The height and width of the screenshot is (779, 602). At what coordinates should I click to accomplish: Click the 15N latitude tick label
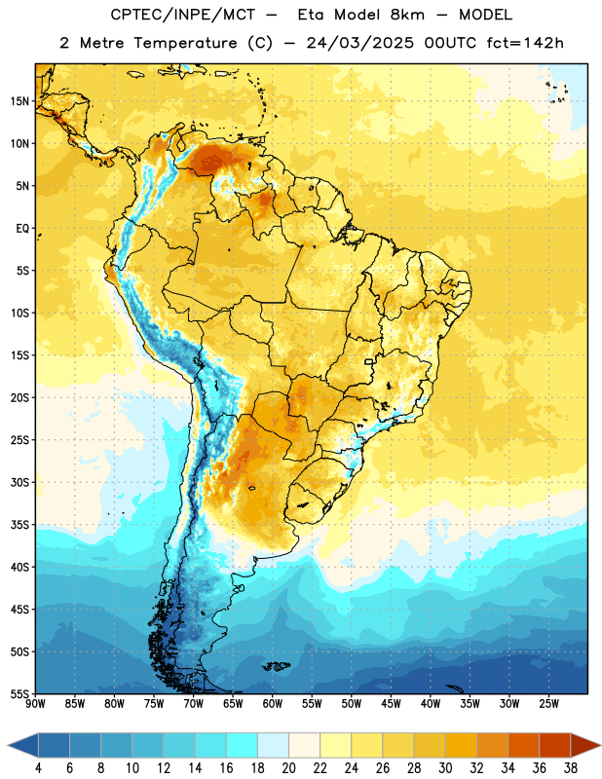pos(19,101)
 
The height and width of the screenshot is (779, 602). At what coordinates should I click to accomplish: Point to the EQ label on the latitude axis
pos(22,229)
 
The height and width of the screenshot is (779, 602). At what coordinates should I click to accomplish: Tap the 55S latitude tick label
pos(19,693)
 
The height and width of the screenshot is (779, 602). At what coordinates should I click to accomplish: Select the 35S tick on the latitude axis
pos(19,525)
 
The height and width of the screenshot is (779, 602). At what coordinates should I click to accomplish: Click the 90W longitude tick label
pos(35,703)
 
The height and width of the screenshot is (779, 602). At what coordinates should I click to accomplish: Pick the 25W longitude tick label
pos(548,703)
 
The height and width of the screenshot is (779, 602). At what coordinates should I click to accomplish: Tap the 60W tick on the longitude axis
pos(273,703)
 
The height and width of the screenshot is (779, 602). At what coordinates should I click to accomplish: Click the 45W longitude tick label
pos(391,703)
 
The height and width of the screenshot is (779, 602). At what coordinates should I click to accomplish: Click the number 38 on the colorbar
pos(571,768)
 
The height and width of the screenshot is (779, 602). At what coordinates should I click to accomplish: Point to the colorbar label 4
pos(38,768)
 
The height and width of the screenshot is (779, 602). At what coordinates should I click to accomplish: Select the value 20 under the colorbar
pos(288,768)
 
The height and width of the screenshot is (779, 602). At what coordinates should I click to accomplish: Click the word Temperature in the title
pos(185,43)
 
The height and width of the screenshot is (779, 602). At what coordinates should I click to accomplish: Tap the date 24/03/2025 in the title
pos(359,43)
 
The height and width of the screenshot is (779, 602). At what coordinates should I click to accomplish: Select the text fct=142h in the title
pos(525,43)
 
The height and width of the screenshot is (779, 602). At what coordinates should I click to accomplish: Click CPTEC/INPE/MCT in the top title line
pos(182,15)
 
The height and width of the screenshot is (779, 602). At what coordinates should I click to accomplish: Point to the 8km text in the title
pos(407,15)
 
